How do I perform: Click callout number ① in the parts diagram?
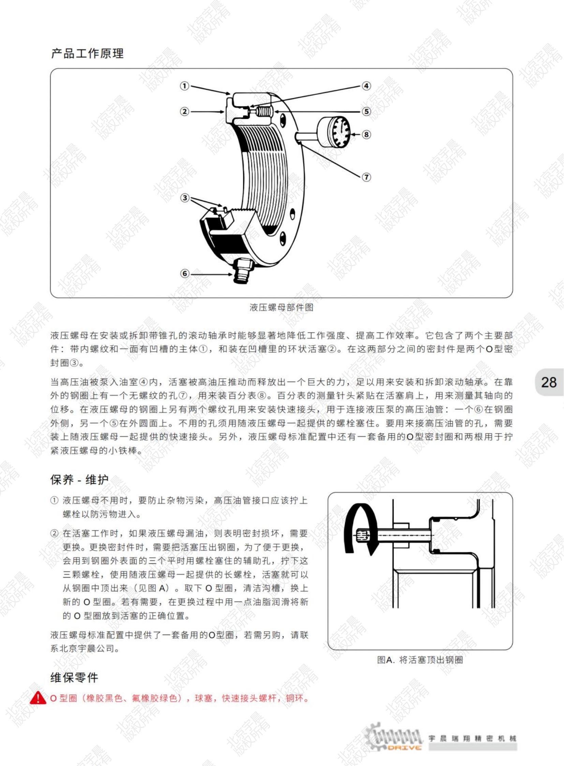point(184,86)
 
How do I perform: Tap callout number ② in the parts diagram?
point(184,111)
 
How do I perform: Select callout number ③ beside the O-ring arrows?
point(185,198)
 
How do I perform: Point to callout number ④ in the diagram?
point(366,86)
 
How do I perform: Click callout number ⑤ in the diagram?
point(366,111)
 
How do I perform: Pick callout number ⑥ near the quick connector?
point(185,273)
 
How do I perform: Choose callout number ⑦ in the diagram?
point(366,177)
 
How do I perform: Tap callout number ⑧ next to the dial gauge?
point(366,134)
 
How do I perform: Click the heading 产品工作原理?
point(87,54)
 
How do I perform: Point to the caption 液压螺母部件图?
point(281,307)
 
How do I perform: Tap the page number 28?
point(549,382)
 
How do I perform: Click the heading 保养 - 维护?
point(79,480)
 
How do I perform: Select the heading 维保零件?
point(74,678)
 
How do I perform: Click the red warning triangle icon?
point(38,698)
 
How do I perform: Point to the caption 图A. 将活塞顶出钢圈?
point(420,660)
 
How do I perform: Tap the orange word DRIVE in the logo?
point(405,748)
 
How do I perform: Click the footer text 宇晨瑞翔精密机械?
point(473,738)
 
